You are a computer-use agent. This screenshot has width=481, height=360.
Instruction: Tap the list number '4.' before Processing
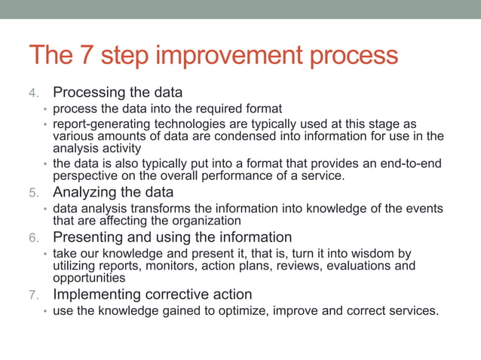point(35,93)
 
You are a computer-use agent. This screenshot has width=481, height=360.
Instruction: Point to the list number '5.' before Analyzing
point(35,193)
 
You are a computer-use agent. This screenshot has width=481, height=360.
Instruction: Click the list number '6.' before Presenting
point(35,237)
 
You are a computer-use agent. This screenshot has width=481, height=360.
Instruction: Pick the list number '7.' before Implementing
point(35,294)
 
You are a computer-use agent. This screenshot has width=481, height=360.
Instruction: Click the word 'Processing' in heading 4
point(89,93)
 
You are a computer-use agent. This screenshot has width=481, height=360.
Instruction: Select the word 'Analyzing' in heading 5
point(86,192)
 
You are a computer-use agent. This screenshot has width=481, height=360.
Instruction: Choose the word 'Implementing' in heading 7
point(97,294)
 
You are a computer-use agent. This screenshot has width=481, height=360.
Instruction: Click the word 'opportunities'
point(88,277)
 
